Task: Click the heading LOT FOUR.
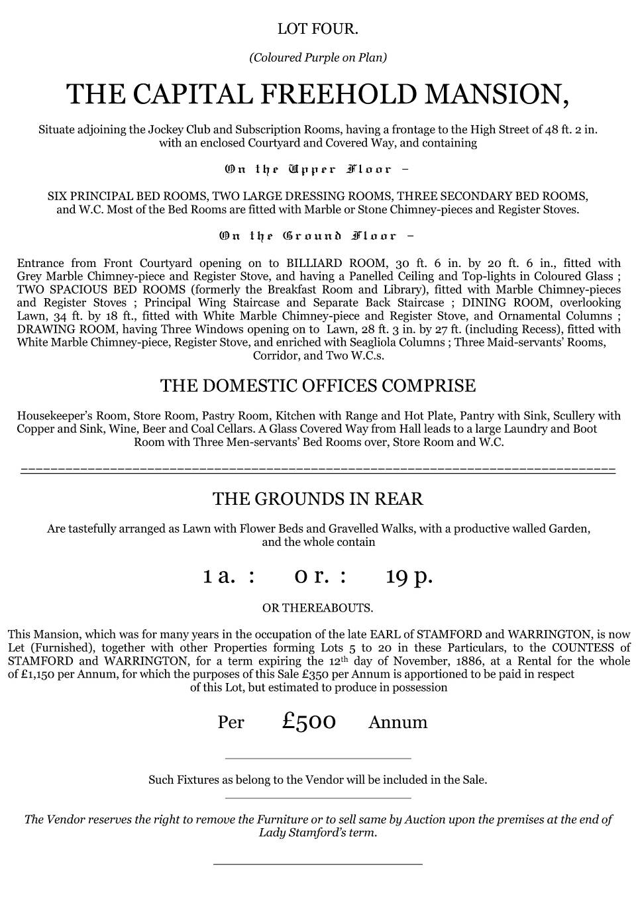click(x=318, y=29)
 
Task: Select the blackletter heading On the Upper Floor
click(x=316, y=170)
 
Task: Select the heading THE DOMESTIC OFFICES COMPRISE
click(x=318, y=386)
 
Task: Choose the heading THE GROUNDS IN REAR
click(x=318, y=499)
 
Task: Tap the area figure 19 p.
click(x=409, y=576)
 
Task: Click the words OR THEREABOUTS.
click(x=318, y=608)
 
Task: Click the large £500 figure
click(x=309, y=721)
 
